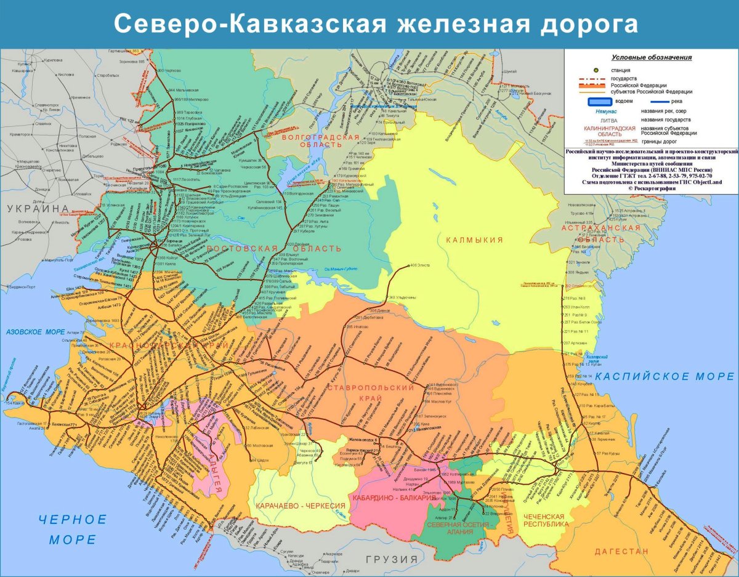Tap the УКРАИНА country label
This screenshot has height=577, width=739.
tap(38, 209)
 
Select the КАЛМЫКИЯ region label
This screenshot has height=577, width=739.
tap(474, 240)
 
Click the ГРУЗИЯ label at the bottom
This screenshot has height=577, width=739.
tap(391, 560)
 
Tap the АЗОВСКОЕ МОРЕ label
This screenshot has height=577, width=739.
tap(35, 333)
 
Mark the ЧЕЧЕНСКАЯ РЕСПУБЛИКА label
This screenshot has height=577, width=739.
tap(544, 520)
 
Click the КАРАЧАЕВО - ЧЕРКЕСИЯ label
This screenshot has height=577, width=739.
tap(301, 506)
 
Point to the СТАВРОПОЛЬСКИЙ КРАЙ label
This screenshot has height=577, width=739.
tap(371, 393)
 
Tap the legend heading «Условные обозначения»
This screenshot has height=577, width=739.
tap(652, 57)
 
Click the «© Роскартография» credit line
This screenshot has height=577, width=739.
tap(652, 188)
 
